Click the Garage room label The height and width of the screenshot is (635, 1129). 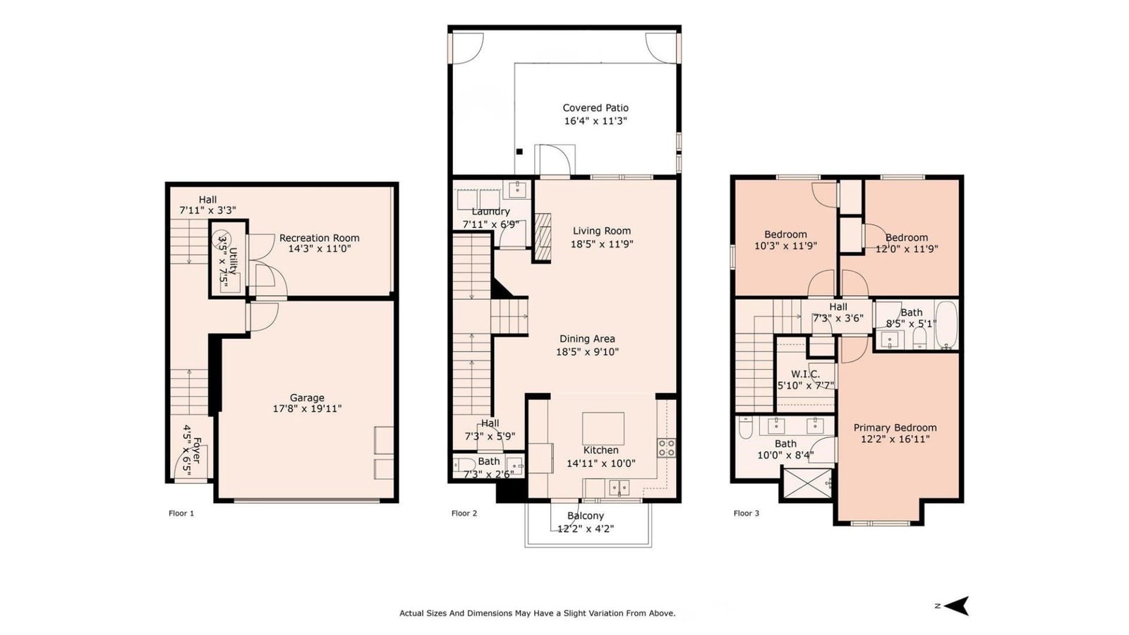tap(307, 398)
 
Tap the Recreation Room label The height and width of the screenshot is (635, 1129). tap(319, 238)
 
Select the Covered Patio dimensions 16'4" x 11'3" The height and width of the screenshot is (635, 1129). tap(596, 121)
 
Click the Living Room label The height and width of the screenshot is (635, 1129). tap(602, 231)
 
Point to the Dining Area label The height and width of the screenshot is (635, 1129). tap(587, 339)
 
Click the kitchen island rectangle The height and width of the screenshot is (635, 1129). tap(603, 428)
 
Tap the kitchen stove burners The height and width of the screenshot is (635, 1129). tap(666, 448)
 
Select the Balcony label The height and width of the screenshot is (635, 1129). tap(586, 516)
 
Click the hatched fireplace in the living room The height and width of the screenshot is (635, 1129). tap(543, 236)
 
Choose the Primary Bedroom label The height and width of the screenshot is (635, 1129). tap(895, 428)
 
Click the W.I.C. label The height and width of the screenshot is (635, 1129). tap(805, 374)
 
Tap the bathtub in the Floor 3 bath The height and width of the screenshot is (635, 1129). tap(946, 325)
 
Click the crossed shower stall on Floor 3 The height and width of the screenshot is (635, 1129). tap(808, 483)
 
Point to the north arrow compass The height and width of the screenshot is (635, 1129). tap(955, 606)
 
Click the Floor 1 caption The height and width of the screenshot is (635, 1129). tap(181, 513)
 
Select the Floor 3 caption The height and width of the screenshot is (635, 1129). tap(746, 513)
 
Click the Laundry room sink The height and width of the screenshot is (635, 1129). tap(517, 190)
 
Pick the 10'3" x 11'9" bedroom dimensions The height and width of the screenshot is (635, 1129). tap(786, 246)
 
